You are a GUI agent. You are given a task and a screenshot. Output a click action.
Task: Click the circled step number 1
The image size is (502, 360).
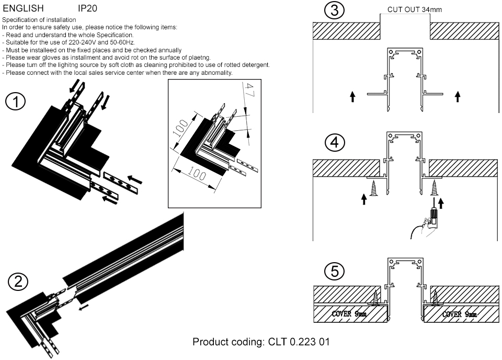pyautogui.click(x=16, y=102)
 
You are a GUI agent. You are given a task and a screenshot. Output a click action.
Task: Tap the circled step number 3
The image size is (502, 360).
pyautogui.click(x=334, y=10)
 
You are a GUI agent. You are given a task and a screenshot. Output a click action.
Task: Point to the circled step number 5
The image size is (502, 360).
pyautogui.click(x=334, y=272)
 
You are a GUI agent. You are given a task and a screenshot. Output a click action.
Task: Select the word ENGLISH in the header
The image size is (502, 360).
pyautogui.click(x=23, y=8)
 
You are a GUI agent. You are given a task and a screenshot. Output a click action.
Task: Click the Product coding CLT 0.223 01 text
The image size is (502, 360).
pyautogui.click(x=261, y=342)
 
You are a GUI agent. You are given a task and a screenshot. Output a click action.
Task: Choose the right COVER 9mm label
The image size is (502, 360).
pyautogui.click(x=459, y=314)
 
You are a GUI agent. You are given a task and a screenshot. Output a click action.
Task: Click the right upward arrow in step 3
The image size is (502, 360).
pyautogui.click(x=458, y=96)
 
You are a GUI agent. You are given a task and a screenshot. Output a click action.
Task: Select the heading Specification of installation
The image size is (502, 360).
pyautogui.click(x=32, y=20)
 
